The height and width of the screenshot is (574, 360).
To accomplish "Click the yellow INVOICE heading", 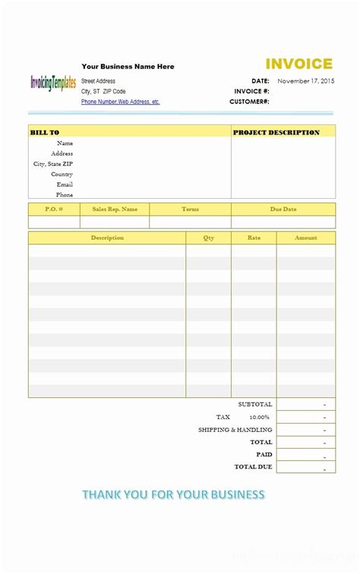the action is (x=298, y=65).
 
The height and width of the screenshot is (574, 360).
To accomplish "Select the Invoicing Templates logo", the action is (x=53, y=84).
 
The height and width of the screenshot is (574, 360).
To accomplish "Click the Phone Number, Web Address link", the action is (x=120, y=102).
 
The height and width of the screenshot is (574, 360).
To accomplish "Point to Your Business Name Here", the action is (x=128, y=67).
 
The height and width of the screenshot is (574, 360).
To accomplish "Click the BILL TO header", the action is (x=45, y=132).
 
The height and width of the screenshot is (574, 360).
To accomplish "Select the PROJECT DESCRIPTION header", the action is (x=276, y=132).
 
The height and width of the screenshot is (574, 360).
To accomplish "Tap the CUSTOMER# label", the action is (x=249, y=101).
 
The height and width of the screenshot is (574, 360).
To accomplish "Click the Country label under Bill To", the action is (x=62, y=174).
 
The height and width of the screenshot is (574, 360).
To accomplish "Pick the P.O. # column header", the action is (x=54, y=209).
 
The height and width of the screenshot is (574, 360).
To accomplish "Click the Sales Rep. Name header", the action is (x=115, y=209).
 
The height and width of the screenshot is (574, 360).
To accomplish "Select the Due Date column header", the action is (x=283, y=209).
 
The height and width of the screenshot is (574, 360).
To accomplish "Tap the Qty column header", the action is (x=209, y=238).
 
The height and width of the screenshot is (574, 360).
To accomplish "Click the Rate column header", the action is (x=254, y=238).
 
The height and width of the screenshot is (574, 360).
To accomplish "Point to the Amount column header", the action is (x=306, y=238).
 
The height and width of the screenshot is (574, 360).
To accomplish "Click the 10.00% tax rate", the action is (x=260, y=417).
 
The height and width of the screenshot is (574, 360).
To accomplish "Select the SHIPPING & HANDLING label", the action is (x=235, y=429).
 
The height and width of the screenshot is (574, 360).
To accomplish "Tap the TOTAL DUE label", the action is (x=253, y=466).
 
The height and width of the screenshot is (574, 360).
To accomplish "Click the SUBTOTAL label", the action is (x=254, y=404).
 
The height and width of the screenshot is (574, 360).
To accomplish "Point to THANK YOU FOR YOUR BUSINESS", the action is (x=173, y=494).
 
